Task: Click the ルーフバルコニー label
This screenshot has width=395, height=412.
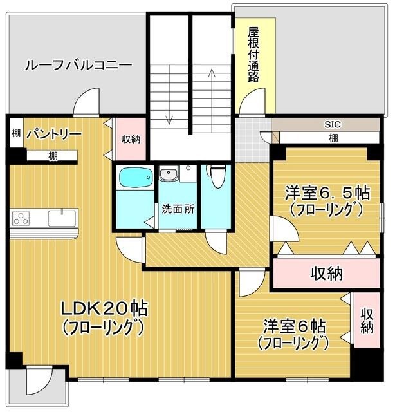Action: point(78,66)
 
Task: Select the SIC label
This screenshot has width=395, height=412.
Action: point(333,124)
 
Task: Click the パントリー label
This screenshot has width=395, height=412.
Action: point(54,135)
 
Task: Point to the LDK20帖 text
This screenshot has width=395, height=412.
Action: point(104,308)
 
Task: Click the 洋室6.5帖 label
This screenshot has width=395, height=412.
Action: point(327,192)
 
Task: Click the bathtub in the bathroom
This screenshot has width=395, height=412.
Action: point(134,176)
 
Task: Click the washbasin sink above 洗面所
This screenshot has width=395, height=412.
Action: point(170,174)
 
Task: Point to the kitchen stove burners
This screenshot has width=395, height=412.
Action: point(21,218)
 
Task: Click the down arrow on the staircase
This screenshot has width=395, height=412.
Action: point(170,103)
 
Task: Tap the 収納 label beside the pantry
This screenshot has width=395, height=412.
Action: point(131,138)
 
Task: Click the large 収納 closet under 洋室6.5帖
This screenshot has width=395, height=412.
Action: point(326,274)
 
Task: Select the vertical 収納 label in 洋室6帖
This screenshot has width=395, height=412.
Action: point(367,320)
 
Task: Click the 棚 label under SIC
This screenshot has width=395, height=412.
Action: point(333,138)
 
